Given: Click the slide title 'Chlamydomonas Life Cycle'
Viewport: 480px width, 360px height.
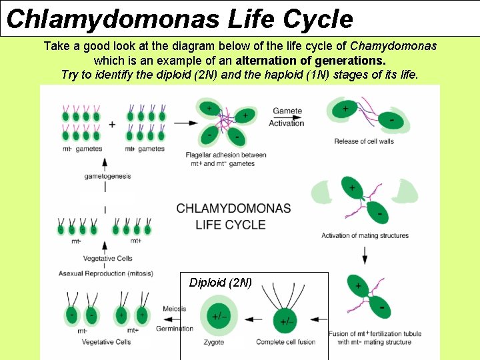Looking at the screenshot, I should (x=179, y=19).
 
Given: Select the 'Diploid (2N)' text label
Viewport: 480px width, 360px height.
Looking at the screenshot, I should (x=221, y=283).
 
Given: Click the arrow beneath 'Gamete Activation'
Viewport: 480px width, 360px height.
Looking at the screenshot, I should (x=287, y=123).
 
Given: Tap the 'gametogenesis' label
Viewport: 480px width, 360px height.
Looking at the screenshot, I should (x=107, y=177).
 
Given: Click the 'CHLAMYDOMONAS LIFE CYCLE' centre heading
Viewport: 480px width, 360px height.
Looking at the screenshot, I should (x=233, y=217).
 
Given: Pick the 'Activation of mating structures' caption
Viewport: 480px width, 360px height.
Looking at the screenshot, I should (x=365, y=235).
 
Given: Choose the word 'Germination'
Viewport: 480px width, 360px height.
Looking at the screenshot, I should (x=175, y=329).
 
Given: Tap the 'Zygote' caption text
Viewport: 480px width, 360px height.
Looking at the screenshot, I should (x=214, y=343).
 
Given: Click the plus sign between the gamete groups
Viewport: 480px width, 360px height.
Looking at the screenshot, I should (x=112, y=124).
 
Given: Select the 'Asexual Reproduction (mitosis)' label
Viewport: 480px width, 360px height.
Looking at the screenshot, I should (x=105, y=273).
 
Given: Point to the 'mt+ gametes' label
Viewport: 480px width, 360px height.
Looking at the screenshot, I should (x=145, y=149).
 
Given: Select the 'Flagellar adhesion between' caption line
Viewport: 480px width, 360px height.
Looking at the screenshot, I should (x=226, y=155).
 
